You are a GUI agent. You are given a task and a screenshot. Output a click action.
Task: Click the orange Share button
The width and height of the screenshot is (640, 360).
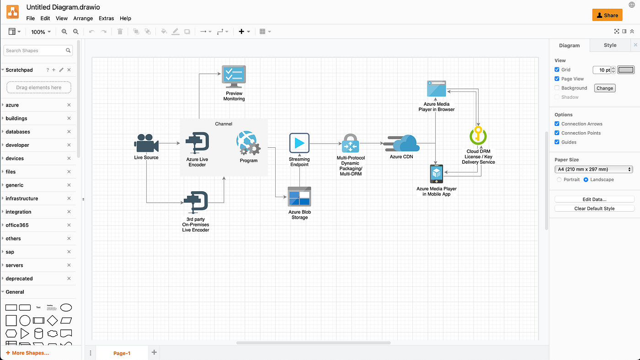[607, 15]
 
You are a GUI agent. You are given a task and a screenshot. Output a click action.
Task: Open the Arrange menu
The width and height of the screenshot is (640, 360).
[83, 18]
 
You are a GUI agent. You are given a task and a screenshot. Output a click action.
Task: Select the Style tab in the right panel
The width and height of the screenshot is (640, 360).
[610, 45]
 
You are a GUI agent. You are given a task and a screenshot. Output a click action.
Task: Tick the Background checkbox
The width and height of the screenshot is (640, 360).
[557, 88]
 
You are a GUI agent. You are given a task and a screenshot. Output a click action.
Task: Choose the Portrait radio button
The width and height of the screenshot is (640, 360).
[559, 180]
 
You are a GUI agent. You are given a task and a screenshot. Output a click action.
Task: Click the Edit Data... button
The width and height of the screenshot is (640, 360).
[594, 199]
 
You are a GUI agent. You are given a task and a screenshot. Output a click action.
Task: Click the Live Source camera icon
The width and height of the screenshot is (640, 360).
[146, 144]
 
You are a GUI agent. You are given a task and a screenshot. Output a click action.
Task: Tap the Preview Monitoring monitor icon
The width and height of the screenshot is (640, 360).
[234, 76]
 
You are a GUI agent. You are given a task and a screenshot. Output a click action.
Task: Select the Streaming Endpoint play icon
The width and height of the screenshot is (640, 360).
[299, 143]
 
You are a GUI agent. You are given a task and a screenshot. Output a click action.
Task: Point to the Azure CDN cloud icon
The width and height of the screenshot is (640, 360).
[403, 144]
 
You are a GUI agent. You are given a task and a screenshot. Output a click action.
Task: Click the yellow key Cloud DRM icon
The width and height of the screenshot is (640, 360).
[478, 136]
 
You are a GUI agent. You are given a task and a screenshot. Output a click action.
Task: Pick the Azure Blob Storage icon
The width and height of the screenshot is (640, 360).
[299, 196]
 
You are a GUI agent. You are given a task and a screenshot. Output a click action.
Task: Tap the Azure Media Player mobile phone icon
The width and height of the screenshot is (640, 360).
[437, 174]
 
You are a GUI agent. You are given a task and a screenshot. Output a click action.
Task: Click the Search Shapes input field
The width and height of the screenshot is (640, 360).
[35, 50]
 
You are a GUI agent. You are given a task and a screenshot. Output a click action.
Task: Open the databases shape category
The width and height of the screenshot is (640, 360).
[18, 132]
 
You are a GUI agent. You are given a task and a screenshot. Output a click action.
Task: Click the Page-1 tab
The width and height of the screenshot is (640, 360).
[122, 353]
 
